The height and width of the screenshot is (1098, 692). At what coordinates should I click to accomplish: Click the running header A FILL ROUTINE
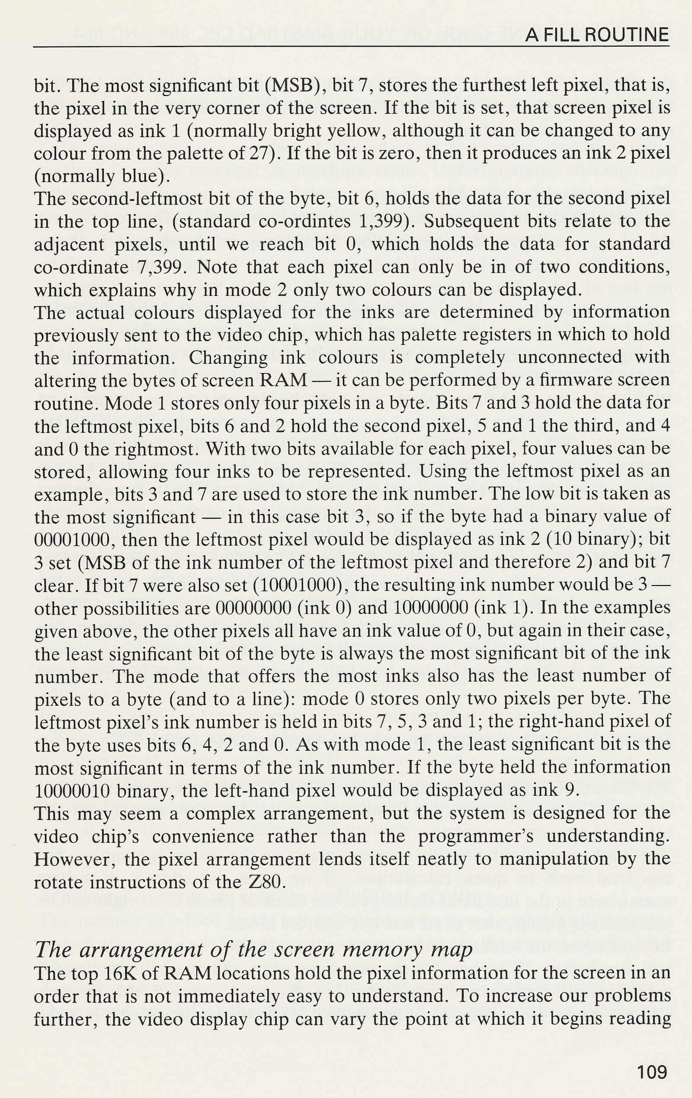pyautogui.click(x=597, y=35)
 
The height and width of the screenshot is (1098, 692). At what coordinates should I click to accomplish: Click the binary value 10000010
pyautogui.click(x=73, y=791)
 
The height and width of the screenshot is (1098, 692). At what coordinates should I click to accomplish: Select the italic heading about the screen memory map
pyautogui.click(x=253, y=949)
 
